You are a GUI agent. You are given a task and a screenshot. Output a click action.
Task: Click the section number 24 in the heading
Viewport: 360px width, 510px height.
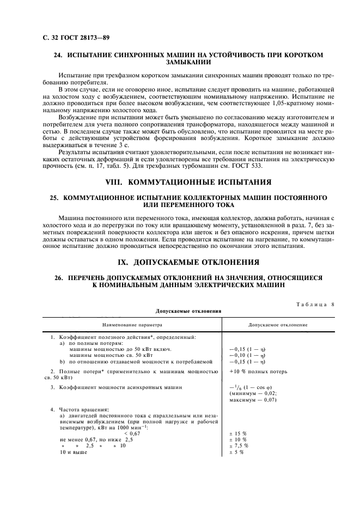click(57, 54)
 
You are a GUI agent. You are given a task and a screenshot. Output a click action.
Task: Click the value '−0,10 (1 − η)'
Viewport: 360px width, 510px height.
click(248, 355)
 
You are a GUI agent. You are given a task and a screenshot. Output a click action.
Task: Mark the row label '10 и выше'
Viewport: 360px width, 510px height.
click(74, 452)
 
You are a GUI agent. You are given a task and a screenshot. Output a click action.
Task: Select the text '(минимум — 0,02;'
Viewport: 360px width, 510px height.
click(253, 393)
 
